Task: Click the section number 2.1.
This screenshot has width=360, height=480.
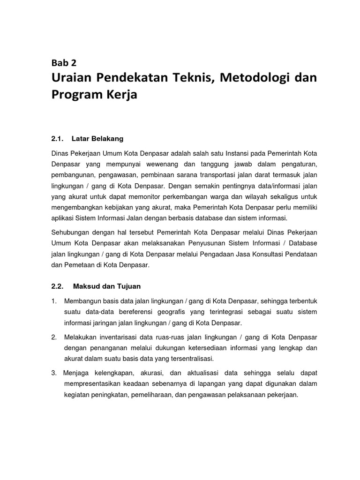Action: (57, 138)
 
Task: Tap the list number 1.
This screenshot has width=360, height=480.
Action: (54, 300)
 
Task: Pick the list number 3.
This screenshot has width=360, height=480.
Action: (54, 373)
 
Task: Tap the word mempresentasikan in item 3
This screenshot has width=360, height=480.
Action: (93, 384)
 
